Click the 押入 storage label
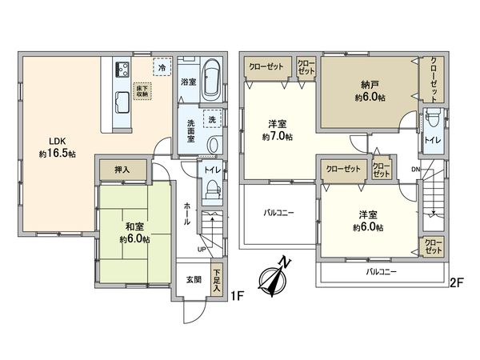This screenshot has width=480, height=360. [x=122, y=170]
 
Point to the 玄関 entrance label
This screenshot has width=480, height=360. [x=194, y=279]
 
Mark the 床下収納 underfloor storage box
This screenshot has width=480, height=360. [x=142, y=90]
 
